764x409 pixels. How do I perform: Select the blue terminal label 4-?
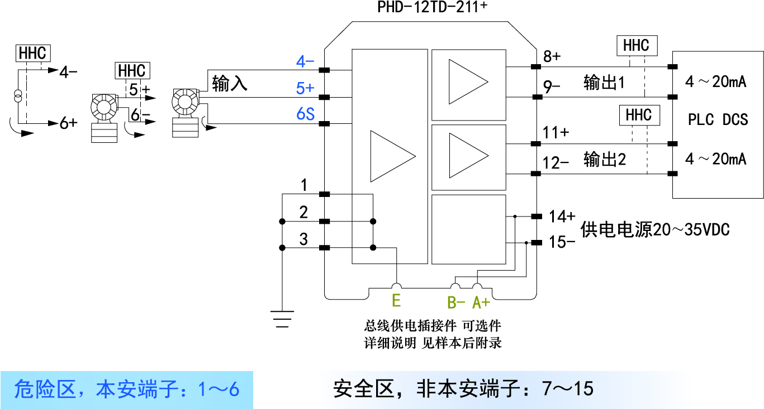[x=305, y=62]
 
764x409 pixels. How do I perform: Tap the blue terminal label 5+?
[x=305, y=88]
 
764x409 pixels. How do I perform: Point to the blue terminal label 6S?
[x=305, y=114]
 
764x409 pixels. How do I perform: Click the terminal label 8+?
[x=552, y=56]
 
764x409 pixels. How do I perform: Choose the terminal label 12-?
[x=556, y=163]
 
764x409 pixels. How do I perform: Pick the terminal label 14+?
[x=562, y=216]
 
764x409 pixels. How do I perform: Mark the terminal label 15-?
[x=562, y=242]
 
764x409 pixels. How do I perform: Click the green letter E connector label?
[x=396, y=301]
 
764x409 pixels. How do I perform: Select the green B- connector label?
[x=456, y=302]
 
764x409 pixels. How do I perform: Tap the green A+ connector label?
[x=481, y=302]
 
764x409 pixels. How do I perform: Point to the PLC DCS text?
[x=718, y=119]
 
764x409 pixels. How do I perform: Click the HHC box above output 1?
[x=636, y=46]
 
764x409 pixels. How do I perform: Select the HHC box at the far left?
[x=34, y=54]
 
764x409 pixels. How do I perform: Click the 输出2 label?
[x=604, y=160]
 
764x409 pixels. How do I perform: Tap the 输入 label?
[x=230, y=84]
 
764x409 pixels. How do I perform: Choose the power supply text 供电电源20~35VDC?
[x=655, y=229]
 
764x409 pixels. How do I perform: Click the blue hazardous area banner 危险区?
[x=127, y=389]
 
